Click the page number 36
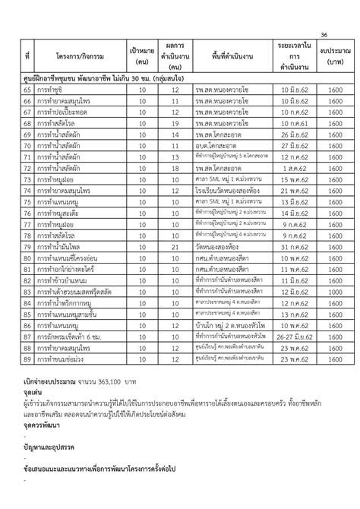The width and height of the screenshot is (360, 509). (x=324, y=35)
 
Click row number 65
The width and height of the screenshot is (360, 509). (x=27, y=90)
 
